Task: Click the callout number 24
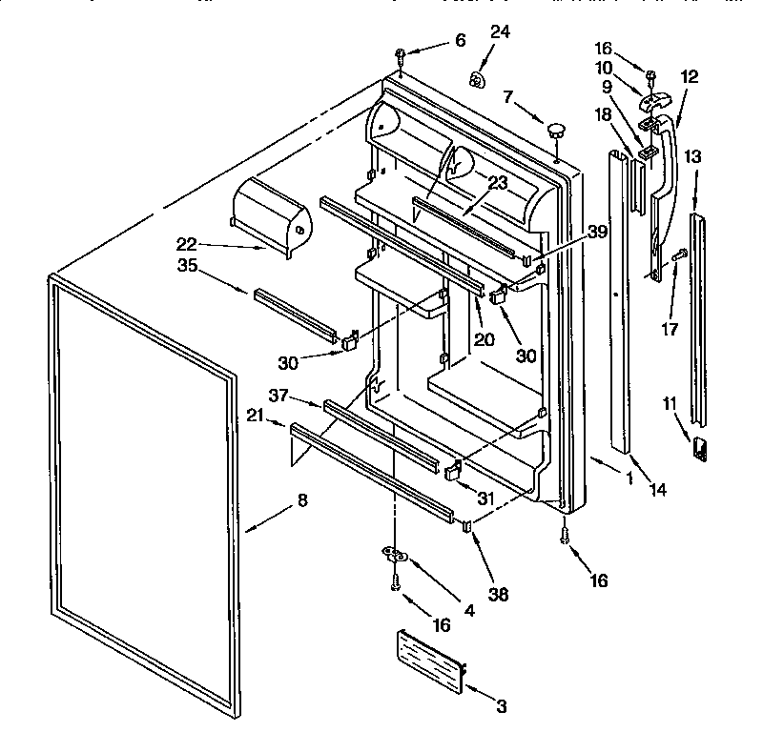500,32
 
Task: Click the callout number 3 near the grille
501,706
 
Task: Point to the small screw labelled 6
402,52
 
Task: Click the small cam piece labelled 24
477,78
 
